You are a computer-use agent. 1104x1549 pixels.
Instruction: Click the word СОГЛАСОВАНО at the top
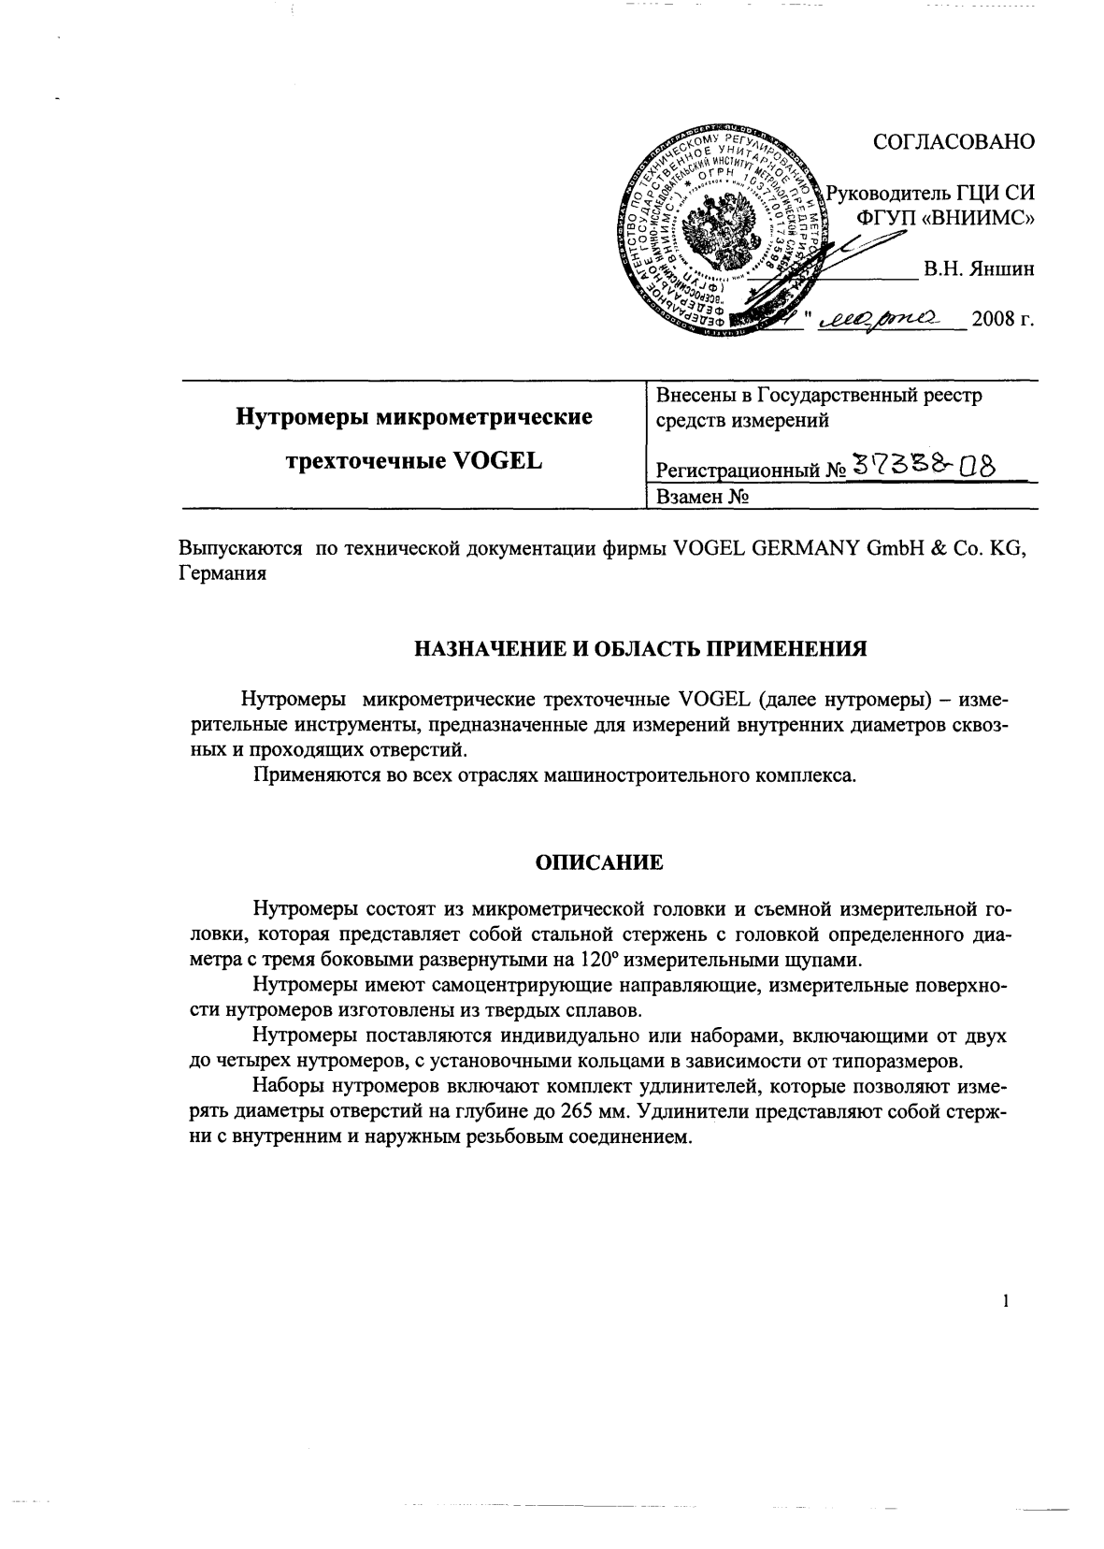pos(953,141)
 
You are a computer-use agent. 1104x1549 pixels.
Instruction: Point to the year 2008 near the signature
pos(994,322)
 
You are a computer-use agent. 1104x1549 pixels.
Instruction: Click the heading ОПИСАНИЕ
pos(598,862)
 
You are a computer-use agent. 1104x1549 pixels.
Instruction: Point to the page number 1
pos(1005,1300)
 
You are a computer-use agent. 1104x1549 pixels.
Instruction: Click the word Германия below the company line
pos(222,574)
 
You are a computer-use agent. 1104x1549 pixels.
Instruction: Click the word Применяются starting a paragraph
pos(313,775)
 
